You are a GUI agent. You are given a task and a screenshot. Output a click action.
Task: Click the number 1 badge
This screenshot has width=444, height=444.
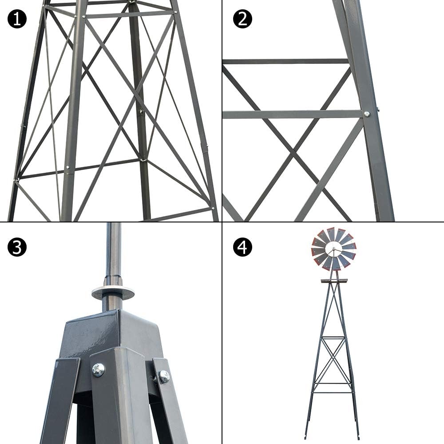(17, 19)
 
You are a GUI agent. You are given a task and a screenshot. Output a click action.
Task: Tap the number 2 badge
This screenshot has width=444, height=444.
(242, 19)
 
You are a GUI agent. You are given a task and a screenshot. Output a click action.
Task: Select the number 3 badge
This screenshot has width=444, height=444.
(17, 247)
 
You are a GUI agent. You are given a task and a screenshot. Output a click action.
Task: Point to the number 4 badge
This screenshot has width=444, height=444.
(242, 247)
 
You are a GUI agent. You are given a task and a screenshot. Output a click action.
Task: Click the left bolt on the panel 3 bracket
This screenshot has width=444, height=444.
(98, 369)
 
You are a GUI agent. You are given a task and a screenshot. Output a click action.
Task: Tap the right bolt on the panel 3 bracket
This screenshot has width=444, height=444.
(164, 377)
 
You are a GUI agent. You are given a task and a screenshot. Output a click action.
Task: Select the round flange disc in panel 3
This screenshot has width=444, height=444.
(113, 293)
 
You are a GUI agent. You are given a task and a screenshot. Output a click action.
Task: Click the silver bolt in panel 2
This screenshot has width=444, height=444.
(367, 114)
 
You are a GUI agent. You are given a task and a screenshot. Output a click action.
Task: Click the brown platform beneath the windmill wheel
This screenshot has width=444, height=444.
(334, 281)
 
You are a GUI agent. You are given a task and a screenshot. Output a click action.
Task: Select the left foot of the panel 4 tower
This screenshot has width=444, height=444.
(306, 436)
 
